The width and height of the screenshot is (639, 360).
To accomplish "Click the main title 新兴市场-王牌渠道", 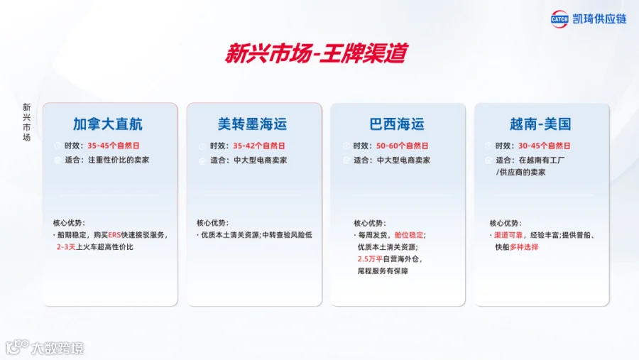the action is click(x=316, y=53).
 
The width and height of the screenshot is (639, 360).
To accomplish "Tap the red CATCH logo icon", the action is click(x=559, y=19).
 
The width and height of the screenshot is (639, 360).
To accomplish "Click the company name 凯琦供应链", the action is click(x=599, y=18).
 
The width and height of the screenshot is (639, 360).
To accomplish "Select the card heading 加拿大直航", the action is click(x=108, y=124).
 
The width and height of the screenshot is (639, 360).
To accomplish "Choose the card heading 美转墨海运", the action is click(x=252, y=124).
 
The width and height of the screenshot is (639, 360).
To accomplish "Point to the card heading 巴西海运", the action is click(x=397, y=124).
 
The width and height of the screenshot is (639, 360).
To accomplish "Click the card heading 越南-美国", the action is click(x=540, y=124).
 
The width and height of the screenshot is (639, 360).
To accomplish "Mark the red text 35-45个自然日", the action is click(x=114, y=146).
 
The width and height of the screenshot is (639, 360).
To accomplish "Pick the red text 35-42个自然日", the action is click(x=258, y=146).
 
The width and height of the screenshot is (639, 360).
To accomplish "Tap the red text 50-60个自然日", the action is click(x=403, y=146).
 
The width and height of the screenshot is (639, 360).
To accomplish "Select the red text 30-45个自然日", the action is click(x=545, y=146).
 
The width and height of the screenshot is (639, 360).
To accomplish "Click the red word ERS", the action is click(x=114, y=235).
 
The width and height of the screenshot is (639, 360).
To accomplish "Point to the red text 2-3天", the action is click(x=66, y=247).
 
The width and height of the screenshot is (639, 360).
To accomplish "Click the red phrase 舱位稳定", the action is click(x=409, y=235).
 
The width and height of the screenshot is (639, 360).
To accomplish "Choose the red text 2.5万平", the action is click(x=370, y=259).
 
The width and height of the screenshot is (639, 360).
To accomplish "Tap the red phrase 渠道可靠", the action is click(x=508, y=235).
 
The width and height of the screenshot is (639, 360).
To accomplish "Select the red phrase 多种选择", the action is click(x=524, y=247).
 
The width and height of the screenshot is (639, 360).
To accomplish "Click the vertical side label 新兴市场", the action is click(x=26, y=122).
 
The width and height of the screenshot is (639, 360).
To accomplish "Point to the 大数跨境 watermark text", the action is click(x=58, y=348).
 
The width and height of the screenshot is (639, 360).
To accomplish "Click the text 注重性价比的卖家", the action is click(x=119, y=160).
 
